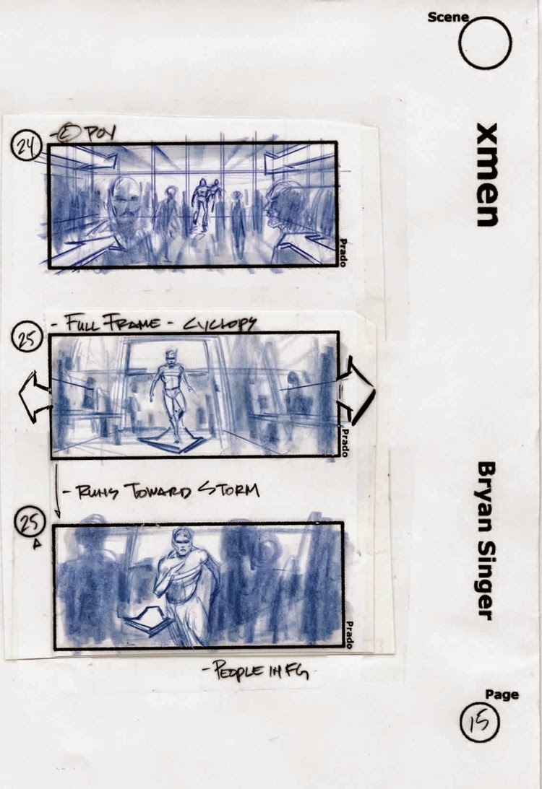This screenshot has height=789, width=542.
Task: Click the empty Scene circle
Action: (485, 43)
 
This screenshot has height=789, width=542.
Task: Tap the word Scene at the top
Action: (447, 17)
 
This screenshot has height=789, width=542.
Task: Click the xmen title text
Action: (487, 175)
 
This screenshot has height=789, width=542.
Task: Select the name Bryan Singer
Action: (486, 541)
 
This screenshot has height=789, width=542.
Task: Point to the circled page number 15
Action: (480, 722)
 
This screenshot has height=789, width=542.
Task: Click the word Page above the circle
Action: (502, 694)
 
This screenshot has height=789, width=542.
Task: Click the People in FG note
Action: (256, 673)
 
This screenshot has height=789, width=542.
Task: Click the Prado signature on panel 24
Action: (343, 253)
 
